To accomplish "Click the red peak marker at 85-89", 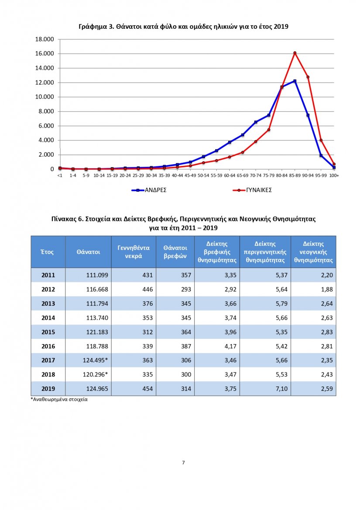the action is point(295,53).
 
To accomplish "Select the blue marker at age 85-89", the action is point(295,81).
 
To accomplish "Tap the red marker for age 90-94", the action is point(308,77).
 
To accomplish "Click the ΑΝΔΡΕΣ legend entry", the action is point(149,190).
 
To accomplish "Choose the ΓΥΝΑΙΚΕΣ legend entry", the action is point(252,190).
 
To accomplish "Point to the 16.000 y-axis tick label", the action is point(45,54).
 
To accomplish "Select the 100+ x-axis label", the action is point(334,176).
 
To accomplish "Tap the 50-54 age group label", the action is point(203,176).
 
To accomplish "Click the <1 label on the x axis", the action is point(60,176).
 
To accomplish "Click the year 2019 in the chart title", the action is point(281,27).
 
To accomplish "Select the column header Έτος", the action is point(47,252).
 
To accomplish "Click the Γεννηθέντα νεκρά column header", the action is point(134,252).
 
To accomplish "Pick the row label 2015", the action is point(48,332).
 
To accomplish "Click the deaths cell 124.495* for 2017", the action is point(95,360).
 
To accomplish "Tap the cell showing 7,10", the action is point(282,389).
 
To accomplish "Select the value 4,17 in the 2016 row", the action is point(230,346).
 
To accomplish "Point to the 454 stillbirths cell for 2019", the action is point(147,389).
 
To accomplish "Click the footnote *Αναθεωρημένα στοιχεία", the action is point(59,400).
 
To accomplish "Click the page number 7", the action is point(184,462).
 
